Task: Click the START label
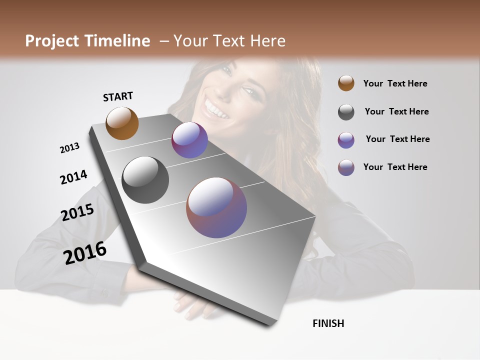click(x=118, y=96)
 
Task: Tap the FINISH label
click(x=328, y=323)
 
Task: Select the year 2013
click(x=70, y=148)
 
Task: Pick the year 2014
click(x=73, y=177)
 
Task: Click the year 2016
click(x=85, y=253)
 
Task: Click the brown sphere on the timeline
click(x=122, y=123)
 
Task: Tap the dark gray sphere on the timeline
click(x=145, y=180)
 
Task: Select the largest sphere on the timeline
click(x=216, y=207)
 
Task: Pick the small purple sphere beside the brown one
click(x=189, y=140)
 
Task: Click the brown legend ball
click(x=346, y=83)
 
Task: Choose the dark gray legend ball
click(x=346, y=112)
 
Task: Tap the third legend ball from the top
click(x=346, y=140)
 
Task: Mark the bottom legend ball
click(x=346, y=167)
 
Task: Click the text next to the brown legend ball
click(x=395, y=83)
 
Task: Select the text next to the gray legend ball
click(x=396, y=111)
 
